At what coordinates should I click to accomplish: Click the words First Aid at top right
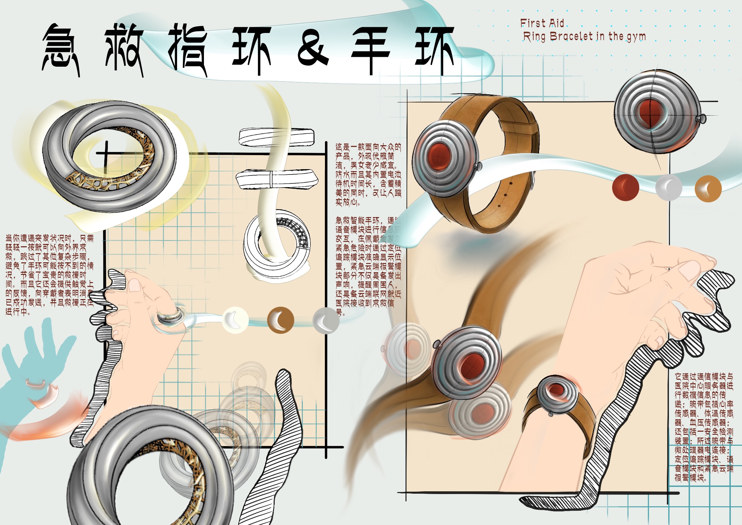tap(542, 23)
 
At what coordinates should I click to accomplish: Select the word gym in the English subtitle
tap(636, 37)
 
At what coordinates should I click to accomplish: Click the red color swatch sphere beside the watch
tap(625, 187)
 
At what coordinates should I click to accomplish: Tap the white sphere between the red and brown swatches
tap(668, 187)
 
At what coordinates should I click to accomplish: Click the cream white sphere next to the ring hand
tap(235, 319)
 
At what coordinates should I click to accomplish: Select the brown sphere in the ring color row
tap(280, 320)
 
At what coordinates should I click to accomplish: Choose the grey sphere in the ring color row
tap(326, 320)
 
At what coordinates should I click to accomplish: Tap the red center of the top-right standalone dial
tap(650, 112)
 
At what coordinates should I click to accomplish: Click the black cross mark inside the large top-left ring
tap(106, 154)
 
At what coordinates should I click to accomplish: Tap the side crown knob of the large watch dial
tap(479, 166)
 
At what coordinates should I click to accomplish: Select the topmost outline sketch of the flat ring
tap(276, 137)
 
